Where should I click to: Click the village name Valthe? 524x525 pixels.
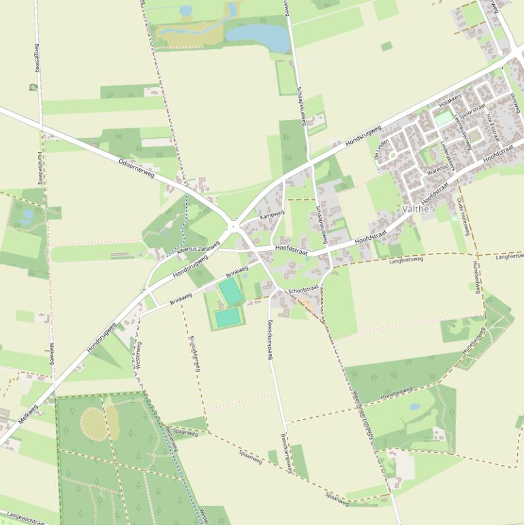click(416, 209)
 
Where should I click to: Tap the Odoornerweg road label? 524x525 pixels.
click(136, 168)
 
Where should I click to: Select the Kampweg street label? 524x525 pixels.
click(272, 215)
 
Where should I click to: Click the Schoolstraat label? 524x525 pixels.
click(303, 290)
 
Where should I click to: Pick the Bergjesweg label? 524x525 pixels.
click(35, 58)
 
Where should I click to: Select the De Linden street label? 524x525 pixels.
click(382, 148)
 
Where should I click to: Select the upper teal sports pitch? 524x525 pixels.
click(230, 291)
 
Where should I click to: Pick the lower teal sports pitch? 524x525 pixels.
click(228, 317)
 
